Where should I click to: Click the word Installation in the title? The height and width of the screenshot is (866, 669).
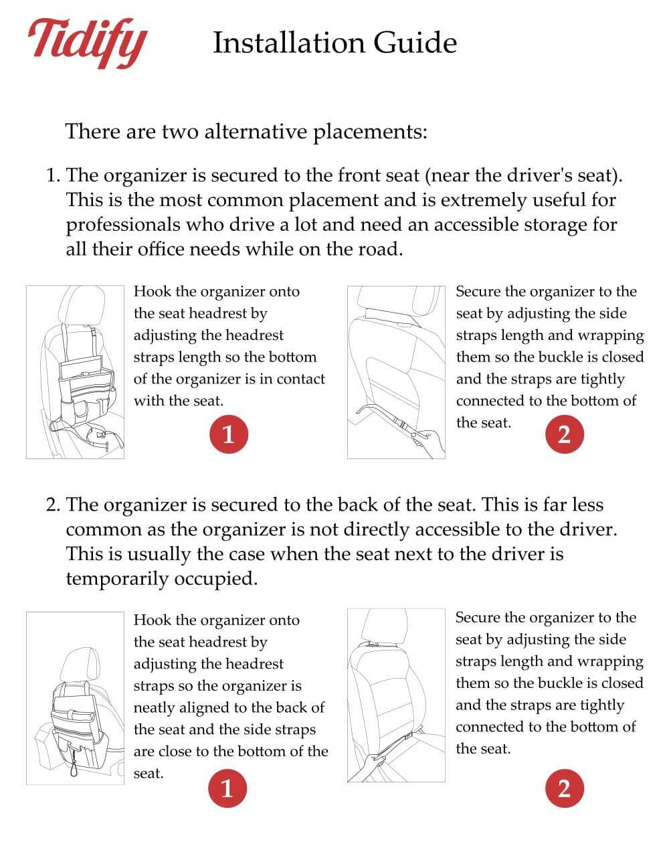(x=288, y=43)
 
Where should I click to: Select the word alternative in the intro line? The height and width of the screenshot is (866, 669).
(x=258, y=131)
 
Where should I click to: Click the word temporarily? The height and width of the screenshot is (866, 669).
(x=117, y=578)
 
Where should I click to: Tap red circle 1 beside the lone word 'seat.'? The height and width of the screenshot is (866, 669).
(x=227, y=788)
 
